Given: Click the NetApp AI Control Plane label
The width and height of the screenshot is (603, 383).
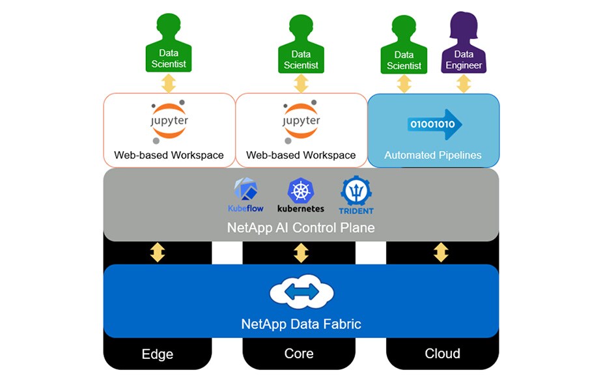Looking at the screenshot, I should [x=301, y=228].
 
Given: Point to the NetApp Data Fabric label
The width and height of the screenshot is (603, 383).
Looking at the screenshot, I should [x=301, y=324].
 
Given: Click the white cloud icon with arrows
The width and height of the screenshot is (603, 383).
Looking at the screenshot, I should [x=301, y=292].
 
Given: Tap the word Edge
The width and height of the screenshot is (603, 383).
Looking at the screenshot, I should [x=158, y=354].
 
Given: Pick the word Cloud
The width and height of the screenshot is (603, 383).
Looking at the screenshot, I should [x=442, y=354].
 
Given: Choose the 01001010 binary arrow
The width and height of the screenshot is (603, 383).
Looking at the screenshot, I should [x=435, y=124].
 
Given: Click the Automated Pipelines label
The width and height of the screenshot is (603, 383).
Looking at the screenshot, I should [x=433, y=155].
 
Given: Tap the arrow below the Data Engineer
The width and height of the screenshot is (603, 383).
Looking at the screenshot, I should [x=464, y=83].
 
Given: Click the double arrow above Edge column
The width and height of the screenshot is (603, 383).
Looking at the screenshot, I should [x=158, y=253].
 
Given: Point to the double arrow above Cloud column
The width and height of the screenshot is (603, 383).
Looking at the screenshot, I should [x=442, y=253].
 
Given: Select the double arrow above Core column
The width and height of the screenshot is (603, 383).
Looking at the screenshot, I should [x=301, y=253].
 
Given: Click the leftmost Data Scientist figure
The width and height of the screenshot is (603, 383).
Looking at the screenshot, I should [x=169, y=42].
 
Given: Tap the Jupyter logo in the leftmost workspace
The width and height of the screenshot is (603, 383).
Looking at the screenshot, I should [x=169, y=121].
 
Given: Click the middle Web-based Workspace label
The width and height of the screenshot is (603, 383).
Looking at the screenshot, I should [x=301, y=155].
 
